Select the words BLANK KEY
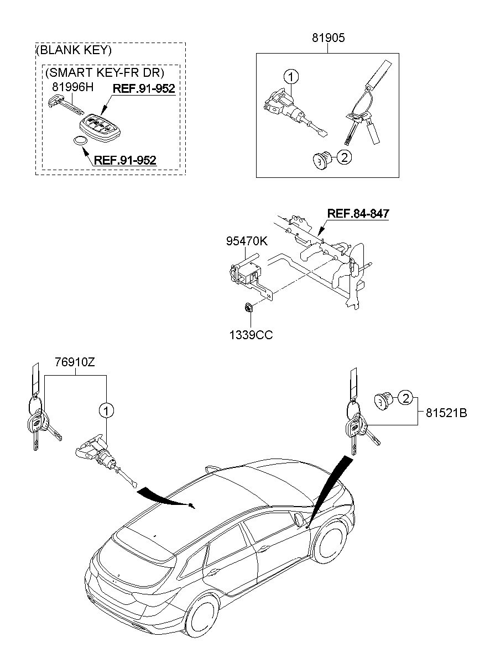click(x=74, y=50)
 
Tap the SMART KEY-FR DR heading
click(x=105, y=72)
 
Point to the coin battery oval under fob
click(x=81, y=141)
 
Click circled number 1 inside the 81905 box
click(x=291, y=76)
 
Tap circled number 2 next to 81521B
click(x=405, y=397)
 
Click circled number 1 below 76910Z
click(x=106, y=410)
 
